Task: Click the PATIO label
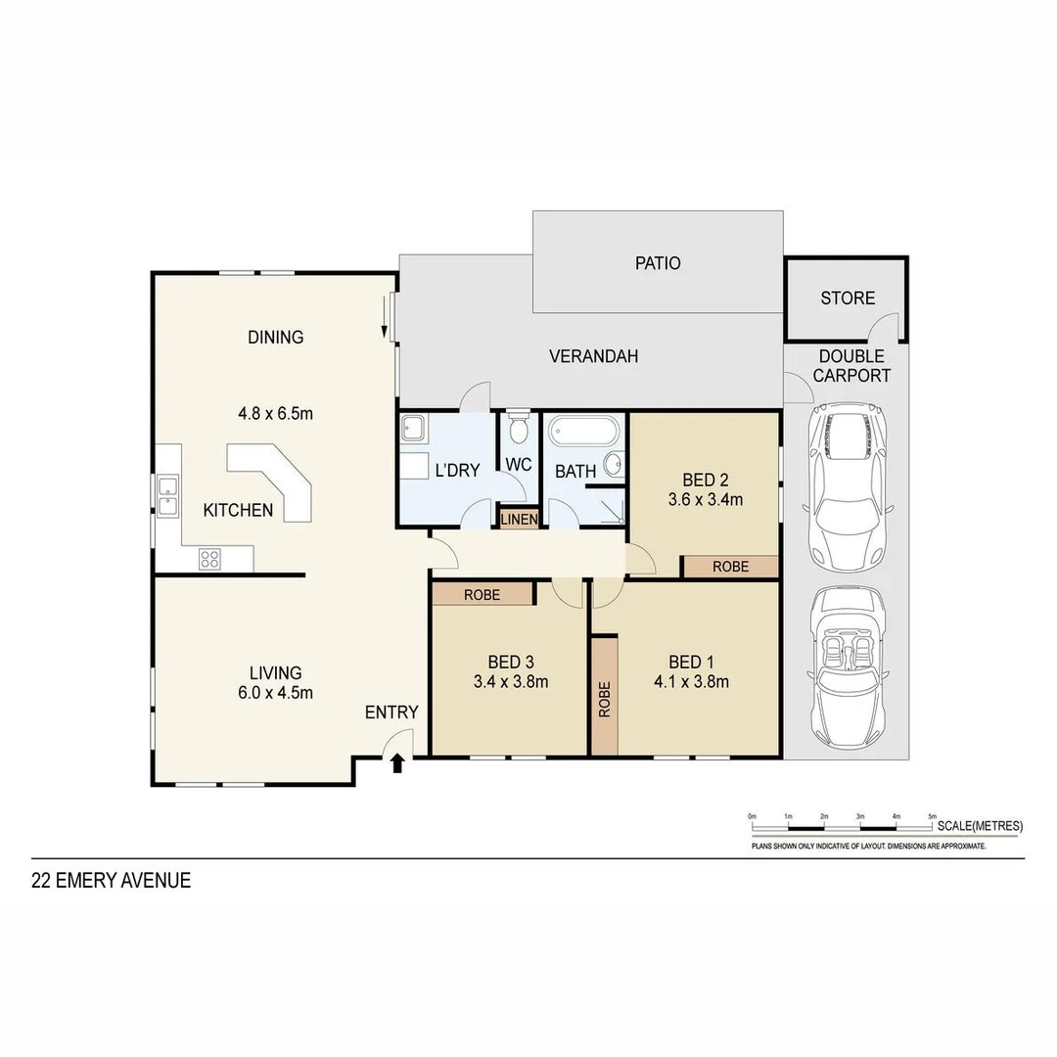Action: pyautogui.click(x=658, y=263)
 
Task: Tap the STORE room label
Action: pyautogui.click(x=848, y=298)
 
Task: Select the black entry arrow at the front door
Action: pyautogui.click(x=397, y=762)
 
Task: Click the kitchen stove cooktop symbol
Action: pyautogui.click(x=210, y=558)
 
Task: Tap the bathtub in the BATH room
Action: pyautogui.click(x=583, y=432)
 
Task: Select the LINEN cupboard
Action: pyautogui.click(x=519, y=519)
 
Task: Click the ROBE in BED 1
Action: pyautogui.click(x=604, y=696)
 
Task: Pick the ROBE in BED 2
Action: pyautogui.click(x=730, y=567)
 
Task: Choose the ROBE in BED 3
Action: pyautogui.click(x=483, y=593)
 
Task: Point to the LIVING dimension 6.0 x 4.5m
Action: pyautogui.click(x=275, y=693)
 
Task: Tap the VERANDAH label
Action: pyautogui.click(x=593, y=356)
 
